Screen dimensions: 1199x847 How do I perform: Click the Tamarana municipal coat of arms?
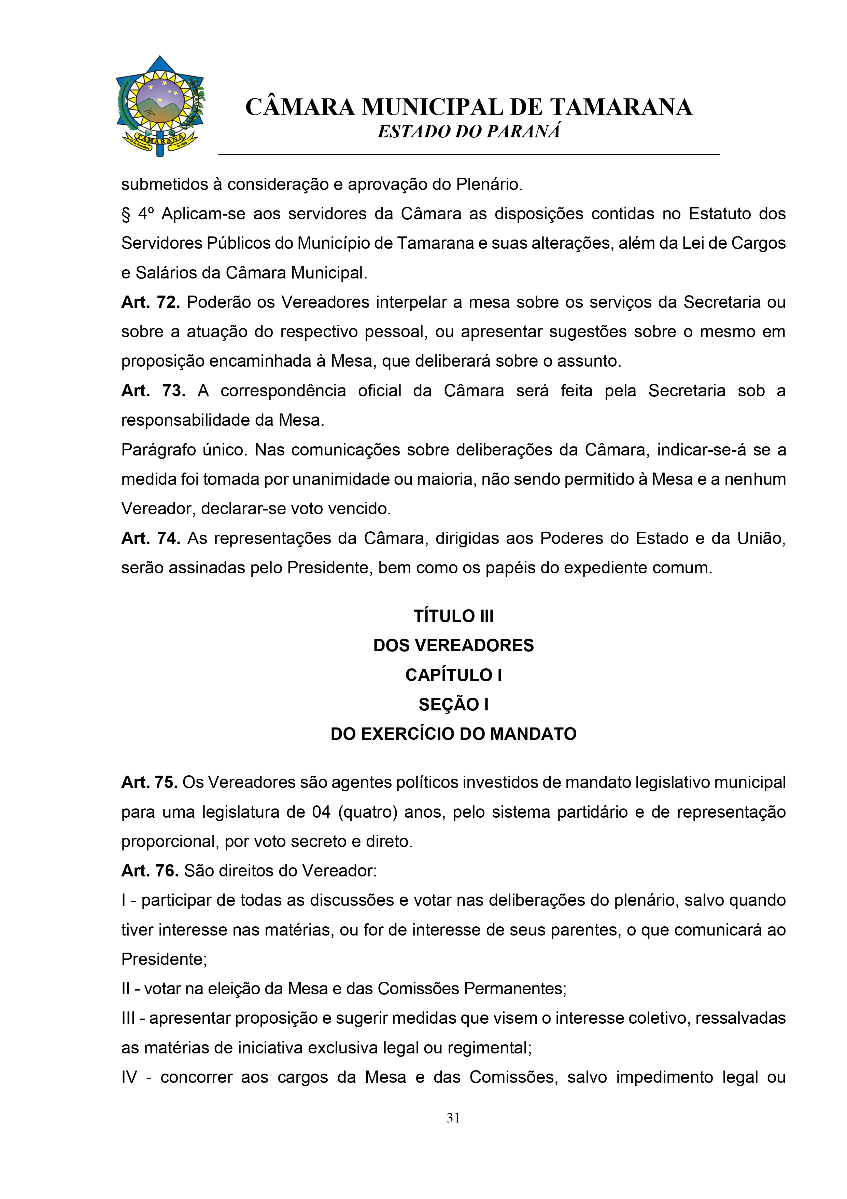click(x=160, y=106)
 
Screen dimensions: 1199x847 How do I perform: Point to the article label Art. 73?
click(x=153, y=391)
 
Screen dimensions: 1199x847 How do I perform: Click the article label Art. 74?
click(x=150, y=539)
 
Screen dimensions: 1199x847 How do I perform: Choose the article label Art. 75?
click(x=149, y=782)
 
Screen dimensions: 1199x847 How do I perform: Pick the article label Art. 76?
click(x=150, y=871)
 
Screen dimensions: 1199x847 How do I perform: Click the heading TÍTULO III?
click(x=453, y=616)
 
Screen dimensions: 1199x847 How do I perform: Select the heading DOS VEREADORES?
click(x=453, y=645)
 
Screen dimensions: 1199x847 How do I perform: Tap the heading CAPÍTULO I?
click(x=453, y=675)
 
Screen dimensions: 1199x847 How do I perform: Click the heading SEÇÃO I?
click(x=453, y=705)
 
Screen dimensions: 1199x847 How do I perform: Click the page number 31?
click(x=453, y=1118)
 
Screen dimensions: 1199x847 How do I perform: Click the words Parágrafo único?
click(x=184, y=450)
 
